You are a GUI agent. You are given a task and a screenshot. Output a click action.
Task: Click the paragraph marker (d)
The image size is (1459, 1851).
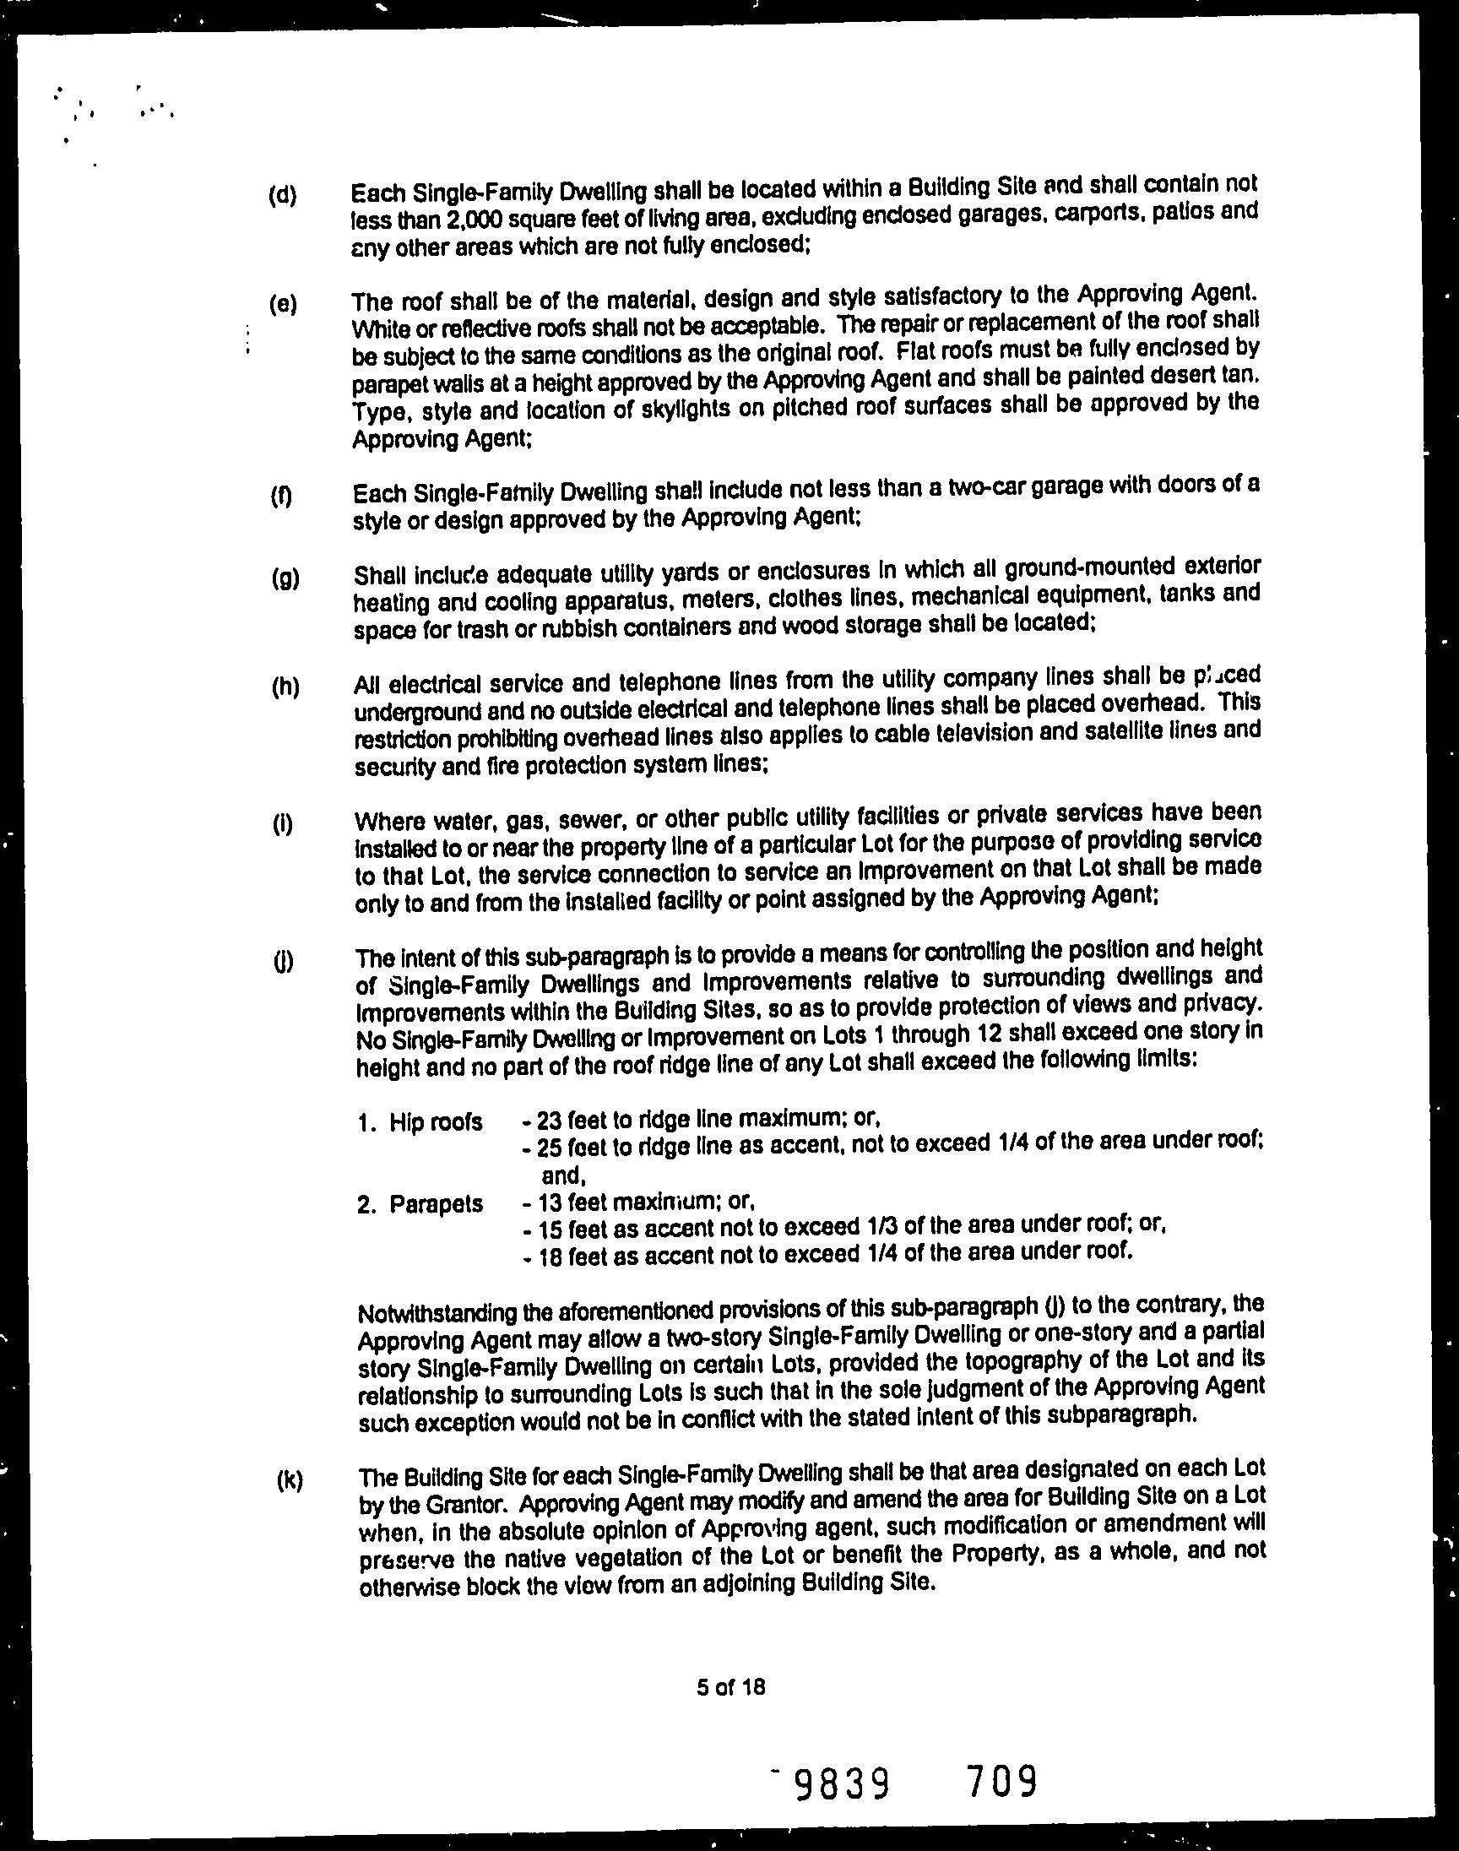tap(282, 196)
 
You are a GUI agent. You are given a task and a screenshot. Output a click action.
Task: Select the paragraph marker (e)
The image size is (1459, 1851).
tap(282, 305)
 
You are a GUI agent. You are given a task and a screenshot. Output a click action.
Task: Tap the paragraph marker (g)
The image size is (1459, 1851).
tap(285, 578)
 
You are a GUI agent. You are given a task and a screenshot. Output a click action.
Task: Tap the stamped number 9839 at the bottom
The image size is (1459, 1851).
tap(843, 1783)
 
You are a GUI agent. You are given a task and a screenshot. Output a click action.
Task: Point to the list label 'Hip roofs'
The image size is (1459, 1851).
tap(436, 1122)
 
